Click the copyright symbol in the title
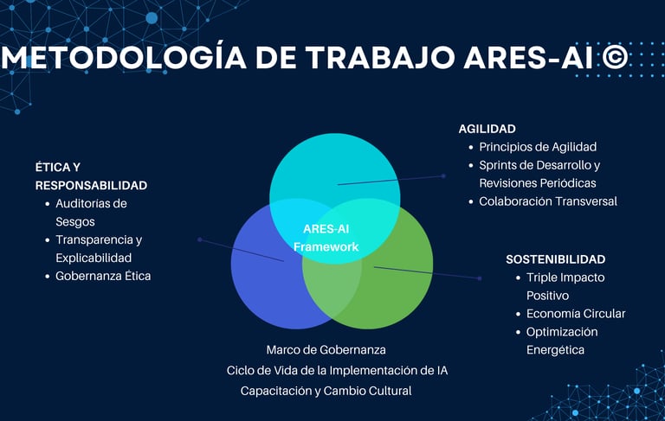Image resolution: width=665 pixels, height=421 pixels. pos(616,57)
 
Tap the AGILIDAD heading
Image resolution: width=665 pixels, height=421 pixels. pos(487,129)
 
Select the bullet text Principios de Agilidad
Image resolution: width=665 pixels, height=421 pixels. pos(538,147)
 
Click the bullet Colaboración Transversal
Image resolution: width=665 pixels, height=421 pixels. pos(548,201)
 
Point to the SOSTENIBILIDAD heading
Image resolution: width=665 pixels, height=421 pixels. pos(555,259)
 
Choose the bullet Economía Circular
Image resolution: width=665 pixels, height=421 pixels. pos(575,314)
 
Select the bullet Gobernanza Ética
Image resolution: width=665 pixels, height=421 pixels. pos(103,277)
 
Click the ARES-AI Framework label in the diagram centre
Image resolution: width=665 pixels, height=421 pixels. pos(326,238)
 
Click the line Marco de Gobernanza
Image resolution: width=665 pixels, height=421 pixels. pos(326,350)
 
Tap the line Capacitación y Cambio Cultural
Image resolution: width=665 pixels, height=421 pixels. pos(326,391)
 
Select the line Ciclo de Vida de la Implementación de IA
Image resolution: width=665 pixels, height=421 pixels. pos(337,371)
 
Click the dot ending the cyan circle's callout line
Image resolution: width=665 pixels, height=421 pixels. pos(443,175)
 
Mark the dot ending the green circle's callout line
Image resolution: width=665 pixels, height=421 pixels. pos(479,278)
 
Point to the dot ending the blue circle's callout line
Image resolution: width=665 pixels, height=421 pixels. pos(199,239)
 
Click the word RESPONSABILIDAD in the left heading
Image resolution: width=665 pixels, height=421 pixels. pos(91,185)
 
